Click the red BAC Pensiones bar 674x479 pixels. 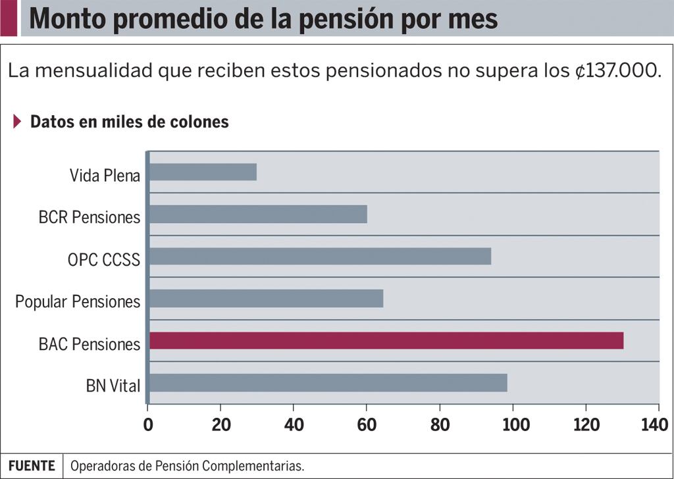pos(386,341)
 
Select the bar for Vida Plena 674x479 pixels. pos(203,172)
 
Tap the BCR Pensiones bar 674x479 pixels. pos(258,214)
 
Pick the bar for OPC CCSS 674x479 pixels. pos(320,257)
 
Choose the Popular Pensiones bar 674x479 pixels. pos(266,299)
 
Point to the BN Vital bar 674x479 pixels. pos(328,383)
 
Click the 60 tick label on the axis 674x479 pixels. pos(367,425)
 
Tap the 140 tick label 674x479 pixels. pos(654,425)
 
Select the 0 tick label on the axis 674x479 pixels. pos(148,425)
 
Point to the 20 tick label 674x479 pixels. pos(221,425)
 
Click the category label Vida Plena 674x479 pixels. pos(105,176)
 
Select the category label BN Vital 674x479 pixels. pos(113,386)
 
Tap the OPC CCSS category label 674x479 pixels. pos(103,260)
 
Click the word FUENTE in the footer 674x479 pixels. pos(32,466)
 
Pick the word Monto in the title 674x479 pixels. pos(68,19)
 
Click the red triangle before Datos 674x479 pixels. pos(17,122)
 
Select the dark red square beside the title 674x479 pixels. pos(9,18)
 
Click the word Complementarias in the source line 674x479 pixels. pos(252,466)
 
